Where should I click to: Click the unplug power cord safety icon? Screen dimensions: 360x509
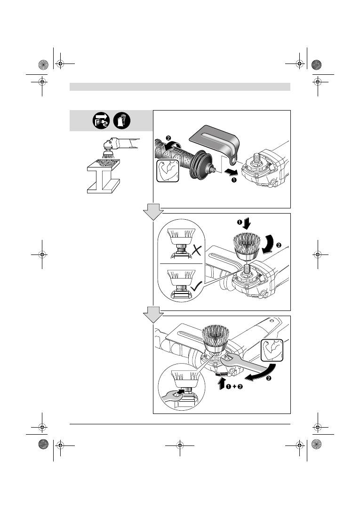(x=101, y=120)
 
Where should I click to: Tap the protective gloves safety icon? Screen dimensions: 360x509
(x=122, y=120)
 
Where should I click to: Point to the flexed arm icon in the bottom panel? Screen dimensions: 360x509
(x=272, y=350)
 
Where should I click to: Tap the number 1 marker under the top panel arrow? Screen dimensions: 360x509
(x=233, y=180)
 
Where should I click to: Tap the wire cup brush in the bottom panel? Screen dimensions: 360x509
(x=216, y=339)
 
